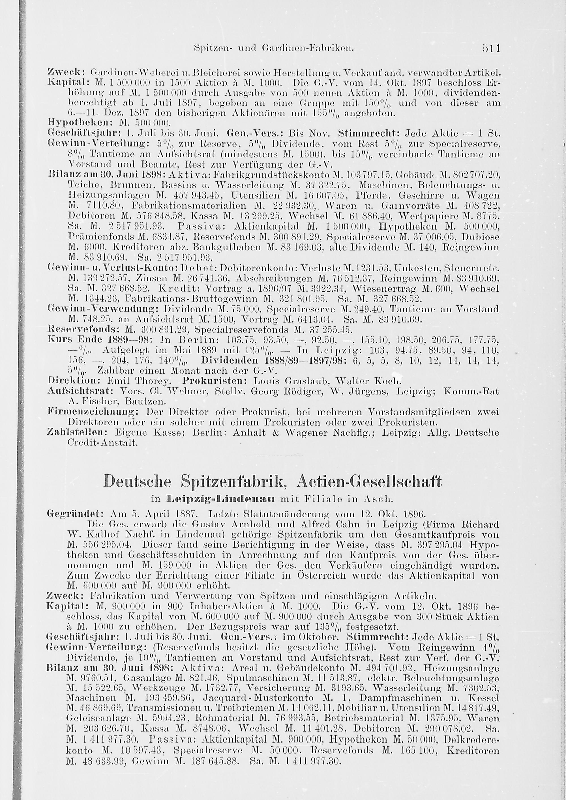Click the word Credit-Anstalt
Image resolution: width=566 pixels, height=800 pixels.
click(103, 443)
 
